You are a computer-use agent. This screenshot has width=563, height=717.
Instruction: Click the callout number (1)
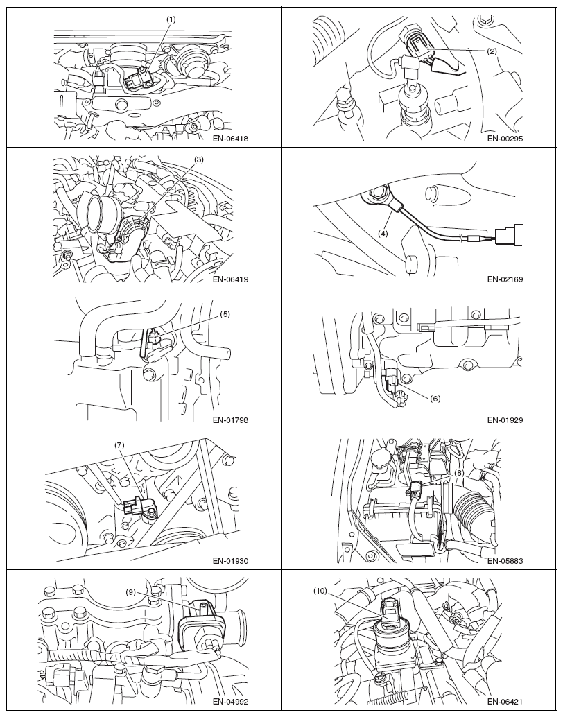(171, 19)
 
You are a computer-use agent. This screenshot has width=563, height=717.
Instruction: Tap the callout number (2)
(492, 51)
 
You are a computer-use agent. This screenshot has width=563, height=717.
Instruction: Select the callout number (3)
(198, 159)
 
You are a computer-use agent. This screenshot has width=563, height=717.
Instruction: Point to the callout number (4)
(383, 233)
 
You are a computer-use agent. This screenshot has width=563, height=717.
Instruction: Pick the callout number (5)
(225, 314)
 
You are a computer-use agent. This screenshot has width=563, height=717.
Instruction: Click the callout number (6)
(435, 398)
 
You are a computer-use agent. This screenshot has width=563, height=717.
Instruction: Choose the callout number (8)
(459, 474)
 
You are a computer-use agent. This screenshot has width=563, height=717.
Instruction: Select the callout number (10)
(320, 591)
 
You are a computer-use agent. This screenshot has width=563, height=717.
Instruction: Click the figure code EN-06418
(230, 139)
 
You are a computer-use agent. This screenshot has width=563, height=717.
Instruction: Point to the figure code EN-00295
(505, 139)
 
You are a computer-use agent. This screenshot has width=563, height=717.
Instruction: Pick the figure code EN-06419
(230, 279)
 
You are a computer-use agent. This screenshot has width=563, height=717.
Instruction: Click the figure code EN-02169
(505, 279)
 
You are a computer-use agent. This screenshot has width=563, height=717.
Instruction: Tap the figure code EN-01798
(230, 420)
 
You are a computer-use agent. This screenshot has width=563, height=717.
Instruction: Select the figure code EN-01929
(505, 420)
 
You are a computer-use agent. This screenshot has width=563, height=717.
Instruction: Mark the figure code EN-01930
(230, 560)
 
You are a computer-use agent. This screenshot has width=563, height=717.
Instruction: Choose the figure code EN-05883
(505, 560)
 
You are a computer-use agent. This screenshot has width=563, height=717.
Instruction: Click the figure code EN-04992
(230, 702)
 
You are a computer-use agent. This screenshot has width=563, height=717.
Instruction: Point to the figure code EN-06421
(505, 702)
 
